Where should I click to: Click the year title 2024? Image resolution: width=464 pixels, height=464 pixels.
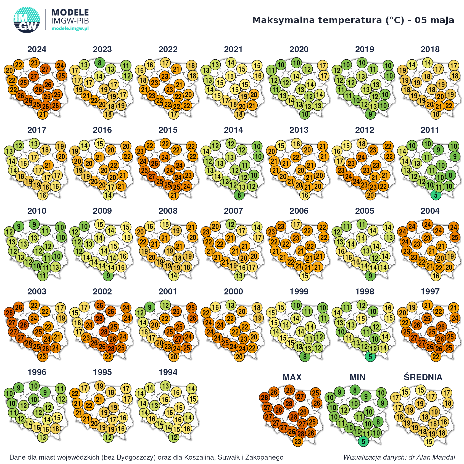pyautogui.click(x=37, y=49)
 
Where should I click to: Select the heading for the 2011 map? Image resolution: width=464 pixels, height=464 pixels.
pyautogui.click(x=430, y=130)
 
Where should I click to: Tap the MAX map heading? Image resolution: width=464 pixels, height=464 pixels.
pyautogui.click(x=292, y=377)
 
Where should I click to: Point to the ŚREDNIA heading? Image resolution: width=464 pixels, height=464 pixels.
pyautogui.click(x=423, y=377)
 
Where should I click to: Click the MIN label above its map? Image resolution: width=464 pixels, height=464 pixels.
pyautogui.click(x=357, y=377)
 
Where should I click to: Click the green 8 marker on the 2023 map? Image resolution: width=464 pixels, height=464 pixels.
pyautogui.click(x=100, y=63)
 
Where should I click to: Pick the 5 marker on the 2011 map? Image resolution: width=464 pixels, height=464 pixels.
pyautogui.click(x=436, y=195)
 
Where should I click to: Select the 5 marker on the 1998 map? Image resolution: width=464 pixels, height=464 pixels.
pyautogui.click(x=370, y=357)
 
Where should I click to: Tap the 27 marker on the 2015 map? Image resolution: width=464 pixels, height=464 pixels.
pyautogui.click(x=152, y=176)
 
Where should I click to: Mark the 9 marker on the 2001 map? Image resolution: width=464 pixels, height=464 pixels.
pyautogui.click(x=150, y=307)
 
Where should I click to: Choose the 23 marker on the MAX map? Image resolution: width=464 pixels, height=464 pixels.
pyautogui.click(x=298, y=442)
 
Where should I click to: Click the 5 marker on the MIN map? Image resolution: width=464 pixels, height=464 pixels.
pyautogui.click(x=363, y=442)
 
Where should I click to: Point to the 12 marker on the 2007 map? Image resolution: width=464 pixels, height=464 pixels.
pyautogui.click(x=231, y=224)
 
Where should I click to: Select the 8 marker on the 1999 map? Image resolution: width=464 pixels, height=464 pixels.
pyautogui.click(x=305, y=357)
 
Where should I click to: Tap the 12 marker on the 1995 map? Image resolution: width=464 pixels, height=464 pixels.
pyautogui.click(x=108, y=437)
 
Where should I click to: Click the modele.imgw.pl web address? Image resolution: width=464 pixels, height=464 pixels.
pyautogui.click(x=70, y=28)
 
